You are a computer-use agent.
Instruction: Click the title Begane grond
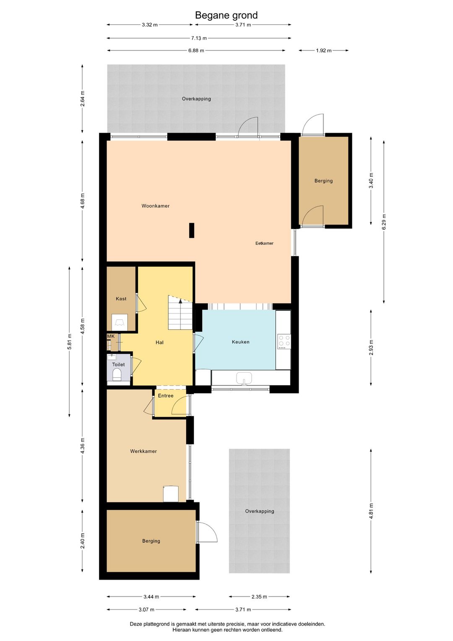click(x=226, y=16)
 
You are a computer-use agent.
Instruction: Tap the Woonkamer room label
click(x=155, y=206)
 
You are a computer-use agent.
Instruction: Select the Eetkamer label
click(x=264, y=243)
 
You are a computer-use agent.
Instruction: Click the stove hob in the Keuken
click(x=284, y=342)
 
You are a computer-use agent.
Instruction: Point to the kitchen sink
click(x=244, y=378)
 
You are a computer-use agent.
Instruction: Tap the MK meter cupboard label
click(x=111, y=336)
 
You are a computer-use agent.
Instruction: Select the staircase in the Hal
click(x=180, y=313)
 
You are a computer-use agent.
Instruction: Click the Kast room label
click(x=121, y=299)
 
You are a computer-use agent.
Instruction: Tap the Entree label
click(x=166, y=396)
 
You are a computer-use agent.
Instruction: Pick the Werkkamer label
click(x=143, y=451)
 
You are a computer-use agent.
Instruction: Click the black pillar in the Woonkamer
click(x=192, y=230)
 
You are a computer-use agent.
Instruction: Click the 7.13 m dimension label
click(x=199, y=38)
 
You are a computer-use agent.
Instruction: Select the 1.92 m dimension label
click(x=323, y=50)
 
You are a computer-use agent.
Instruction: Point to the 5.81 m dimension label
click(x=70, y=342)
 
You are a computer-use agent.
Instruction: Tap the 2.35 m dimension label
click(x=259, y=596)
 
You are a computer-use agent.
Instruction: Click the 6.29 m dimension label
click(x=384, y=222)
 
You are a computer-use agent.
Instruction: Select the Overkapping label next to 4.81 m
click(x=260, y=511)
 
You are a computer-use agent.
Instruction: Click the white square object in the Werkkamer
click(x=171, y=494)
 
